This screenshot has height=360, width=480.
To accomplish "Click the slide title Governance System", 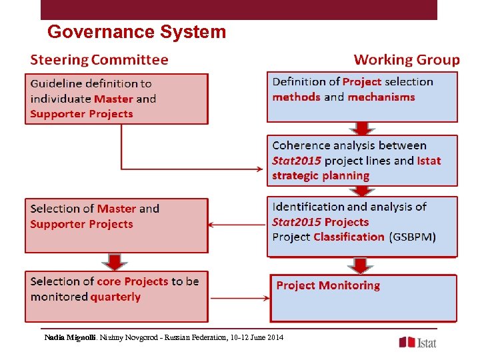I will [x=137, y=32].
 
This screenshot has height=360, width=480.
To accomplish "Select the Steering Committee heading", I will [x=99, y=60].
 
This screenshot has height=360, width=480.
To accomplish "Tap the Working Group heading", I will [x=406, y=60].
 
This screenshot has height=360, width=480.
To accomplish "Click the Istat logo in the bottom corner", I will [x=418, y=342].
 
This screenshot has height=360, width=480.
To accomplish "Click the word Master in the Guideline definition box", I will [x=113, y=99].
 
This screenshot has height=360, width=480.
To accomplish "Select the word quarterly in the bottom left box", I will [x=115, y=297].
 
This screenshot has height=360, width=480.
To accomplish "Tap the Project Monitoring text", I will [x=328, y=285].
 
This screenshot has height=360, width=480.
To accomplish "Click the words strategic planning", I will [x=321, y=176].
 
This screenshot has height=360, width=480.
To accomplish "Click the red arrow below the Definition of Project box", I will [x=362, y=129].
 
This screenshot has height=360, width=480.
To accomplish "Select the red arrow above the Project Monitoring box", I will [x=361, y=265].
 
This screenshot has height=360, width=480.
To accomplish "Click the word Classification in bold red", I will [x=349, y=237].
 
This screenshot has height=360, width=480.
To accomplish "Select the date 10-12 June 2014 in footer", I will [x=257, y=337].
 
